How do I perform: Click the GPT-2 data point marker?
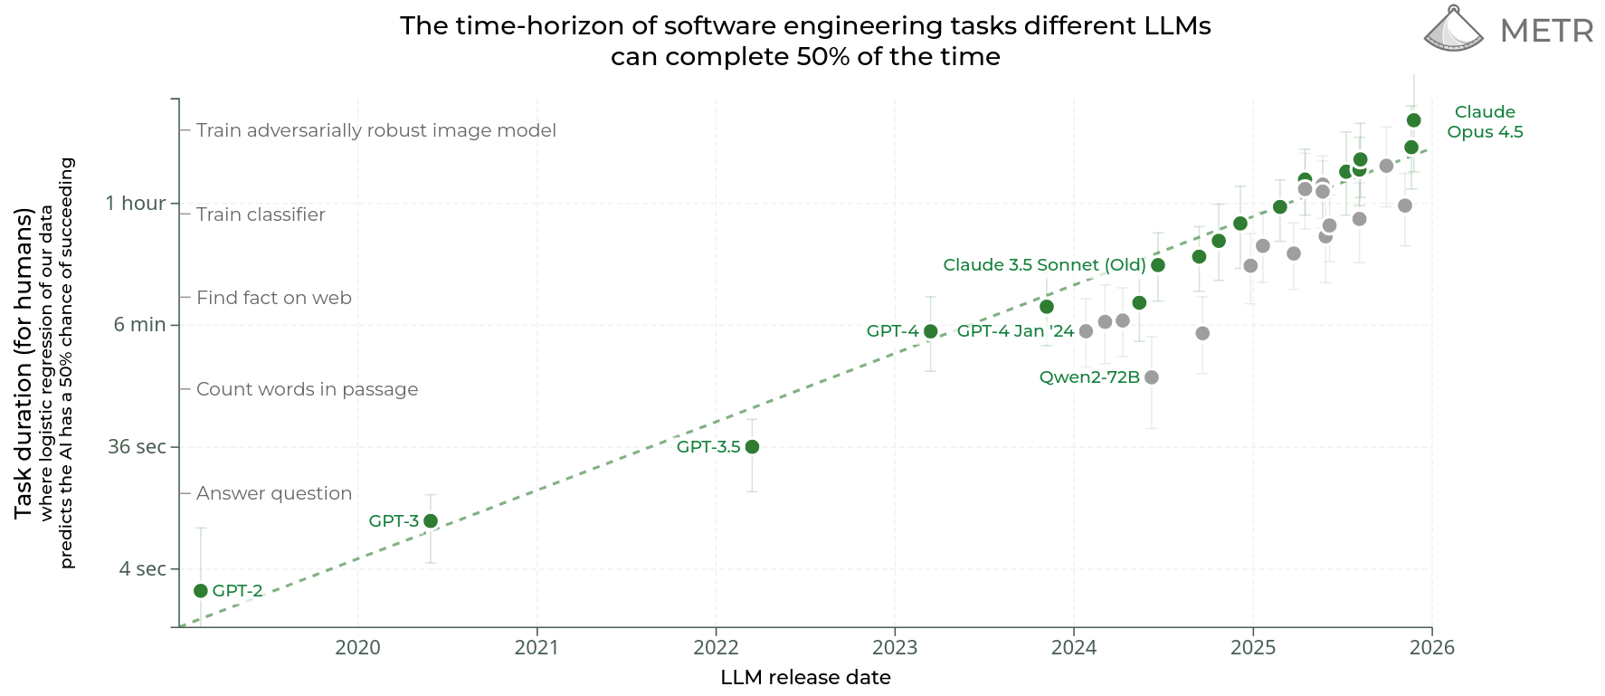point(201,591)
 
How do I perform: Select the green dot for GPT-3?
point(431,521)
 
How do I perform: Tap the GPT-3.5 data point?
point(752,447)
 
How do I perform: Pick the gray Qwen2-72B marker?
point(1152,377)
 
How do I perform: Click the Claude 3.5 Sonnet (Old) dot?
point(1158,265)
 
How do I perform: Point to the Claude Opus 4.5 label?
point(1485,122)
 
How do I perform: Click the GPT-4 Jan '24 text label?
point(1015,331)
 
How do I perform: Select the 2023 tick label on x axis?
point(895,648)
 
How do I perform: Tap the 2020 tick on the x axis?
point(357,648)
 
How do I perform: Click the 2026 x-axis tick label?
point(1432,648)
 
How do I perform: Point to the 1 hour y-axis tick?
point(136,204)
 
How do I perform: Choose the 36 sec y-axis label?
point(137,447)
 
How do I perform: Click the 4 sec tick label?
point(143,569)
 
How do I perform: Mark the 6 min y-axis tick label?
point(139,325)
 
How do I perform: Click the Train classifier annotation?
point(261,215)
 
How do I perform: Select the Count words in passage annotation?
point(307,389)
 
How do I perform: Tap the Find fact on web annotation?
point(273,298)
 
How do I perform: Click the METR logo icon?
point(1453,29)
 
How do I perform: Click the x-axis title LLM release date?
point(805,678)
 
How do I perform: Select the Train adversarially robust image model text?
point(375,130)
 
